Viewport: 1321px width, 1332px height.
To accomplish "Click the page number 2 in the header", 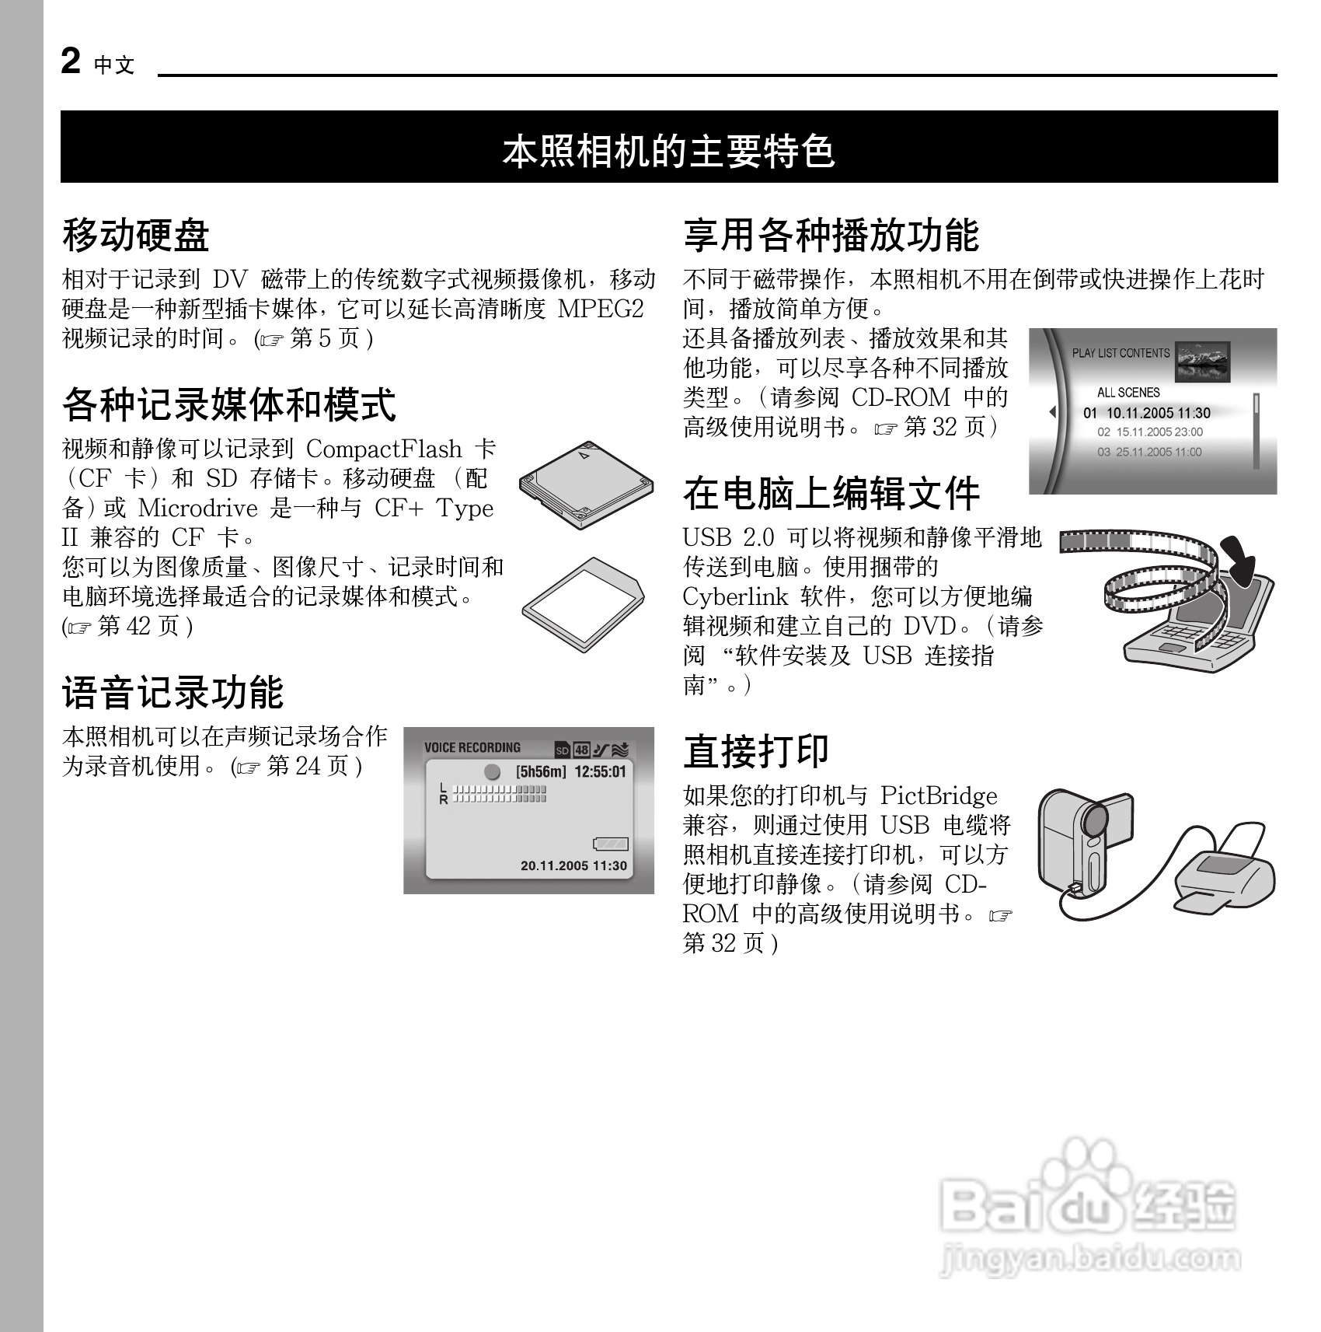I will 71,61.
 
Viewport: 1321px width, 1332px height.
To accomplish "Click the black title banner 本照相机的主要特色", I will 668,149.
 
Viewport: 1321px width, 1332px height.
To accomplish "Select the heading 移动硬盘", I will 136,235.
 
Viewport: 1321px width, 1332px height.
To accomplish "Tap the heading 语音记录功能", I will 173,692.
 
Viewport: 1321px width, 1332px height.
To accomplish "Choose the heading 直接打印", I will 756,750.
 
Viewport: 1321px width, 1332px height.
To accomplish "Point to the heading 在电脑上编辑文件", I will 831,493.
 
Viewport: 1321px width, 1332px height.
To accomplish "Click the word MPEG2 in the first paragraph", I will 601,309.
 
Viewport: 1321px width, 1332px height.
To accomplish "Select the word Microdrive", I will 197,509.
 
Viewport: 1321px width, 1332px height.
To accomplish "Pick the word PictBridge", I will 939,796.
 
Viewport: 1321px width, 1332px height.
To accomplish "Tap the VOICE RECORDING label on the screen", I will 472,748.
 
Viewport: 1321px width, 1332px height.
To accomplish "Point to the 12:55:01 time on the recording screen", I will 600,772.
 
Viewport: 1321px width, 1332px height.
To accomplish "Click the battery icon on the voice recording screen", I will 610,844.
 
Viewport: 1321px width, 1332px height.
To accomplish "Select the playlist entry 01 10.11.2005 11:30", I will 1147,413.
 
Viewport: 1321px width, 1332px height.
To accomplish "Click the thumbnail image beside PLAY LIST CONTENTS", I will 1202,362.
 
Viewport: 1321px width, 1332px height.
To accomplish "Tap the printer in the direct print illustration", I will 1222,878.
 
